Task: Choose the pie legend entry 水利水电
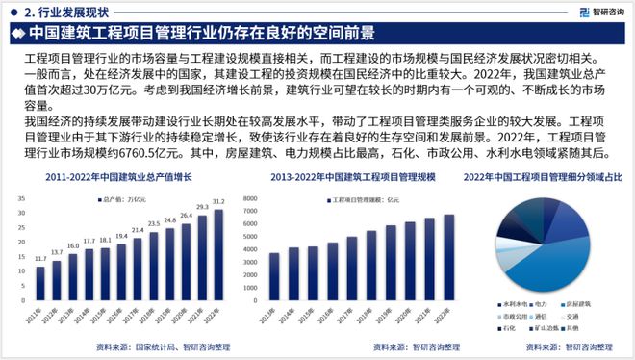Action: pos(511,303)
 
